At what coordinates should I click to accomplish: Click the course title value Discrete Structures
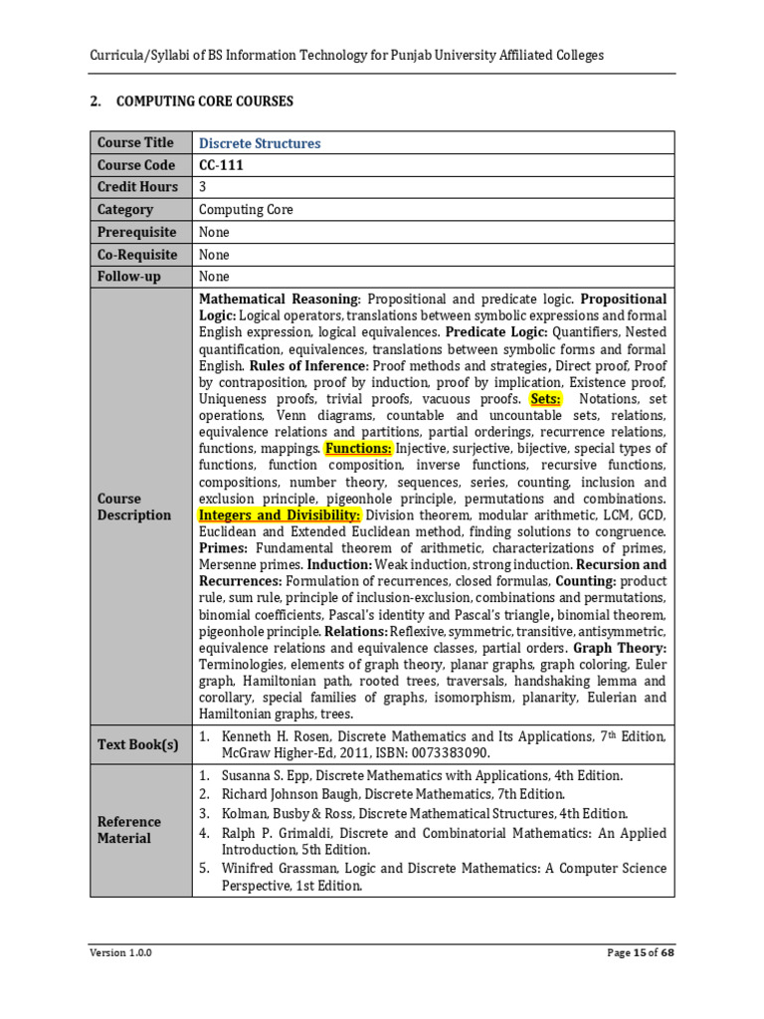260,143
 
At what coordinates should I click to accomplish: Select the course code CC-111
221,165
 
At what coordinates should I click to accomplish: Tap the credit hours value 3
203,187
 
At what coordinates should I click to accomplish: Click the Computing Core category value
246,210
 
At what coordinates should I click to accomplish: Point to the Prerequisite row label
135,232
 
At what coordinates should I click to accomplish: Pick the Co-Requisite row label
135,254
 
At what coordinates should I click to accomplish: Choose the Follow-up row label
128,277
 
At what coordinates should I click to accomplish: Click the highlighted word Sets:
546,399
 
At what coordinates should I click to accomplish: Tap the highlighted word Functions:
359,449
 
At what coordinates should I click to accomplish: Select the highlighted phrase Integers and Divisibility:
280,515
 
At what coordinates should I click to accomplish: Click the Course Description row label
133,507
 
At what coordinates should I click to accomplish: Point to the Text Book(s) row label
137,744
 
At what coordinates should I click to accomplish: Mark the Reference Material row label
128,830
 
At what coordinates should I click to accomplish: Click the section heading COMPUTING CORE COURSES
204,102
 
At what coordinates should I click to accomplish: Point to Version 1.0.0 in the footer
120,952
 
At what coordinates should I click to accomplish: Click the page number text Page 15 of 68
640,952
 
